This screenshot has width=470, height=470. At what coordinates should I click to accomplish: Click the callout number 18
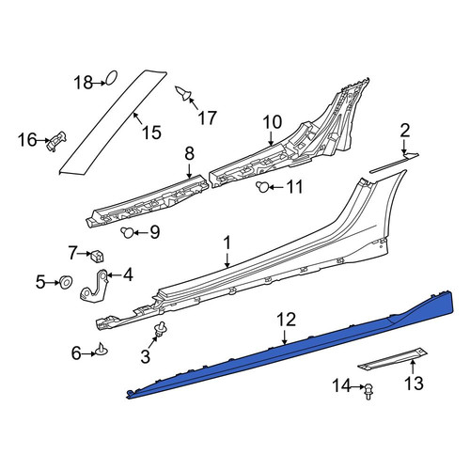[x=84, y=83]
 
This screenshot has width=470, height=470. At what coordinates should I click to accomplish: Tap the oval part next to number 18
[x=111, y=77]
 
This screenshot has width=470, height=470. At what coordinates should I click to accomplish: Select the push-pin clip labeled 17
[x=183, y=93]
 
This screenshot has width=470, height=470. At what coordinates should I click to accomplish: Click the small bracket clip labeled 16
[x=56, y=141]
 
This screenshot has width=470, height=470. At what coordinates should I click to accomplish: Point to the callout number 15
[x=151, y=132]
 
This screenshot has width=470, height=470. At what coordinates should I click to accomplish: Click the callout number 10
[x=273, y=122]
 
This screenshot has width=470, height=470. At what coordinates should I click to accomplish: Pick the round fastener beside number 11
[x=262, y=187]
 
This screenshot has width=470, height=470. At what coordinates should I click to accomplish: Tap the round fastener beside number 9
[x=127, y=232]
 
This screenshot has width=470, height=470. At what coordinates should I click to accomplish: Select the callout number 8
[x=190, y=153]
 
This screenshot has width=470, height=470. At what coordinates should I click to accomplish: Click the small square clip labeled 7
[x=97, y=257]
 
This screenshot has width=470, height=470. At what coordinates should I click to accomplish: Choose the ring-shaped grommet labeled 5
[x=66, y=282]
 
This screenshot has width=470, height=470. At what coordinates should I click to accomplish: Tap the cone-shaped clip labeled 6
[x=102, y=350]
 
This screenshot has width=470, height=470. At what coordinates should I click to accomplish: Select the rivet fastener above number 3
[x=161, y=329]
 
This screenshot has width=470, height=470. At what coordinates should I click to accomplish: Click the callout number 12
[x=286, y=320]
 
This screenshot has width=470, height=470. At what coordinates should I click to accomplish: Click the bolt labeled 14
[x=369, y=391]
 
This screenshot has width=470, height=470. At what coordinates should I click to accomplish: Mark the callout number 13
[x=414, y=383]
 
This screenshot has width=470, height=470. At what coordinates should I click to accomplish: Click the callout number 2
[x=405, y=131]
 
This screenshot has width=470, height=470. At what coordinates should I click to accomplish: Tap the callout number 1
[x=227, y=243]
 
